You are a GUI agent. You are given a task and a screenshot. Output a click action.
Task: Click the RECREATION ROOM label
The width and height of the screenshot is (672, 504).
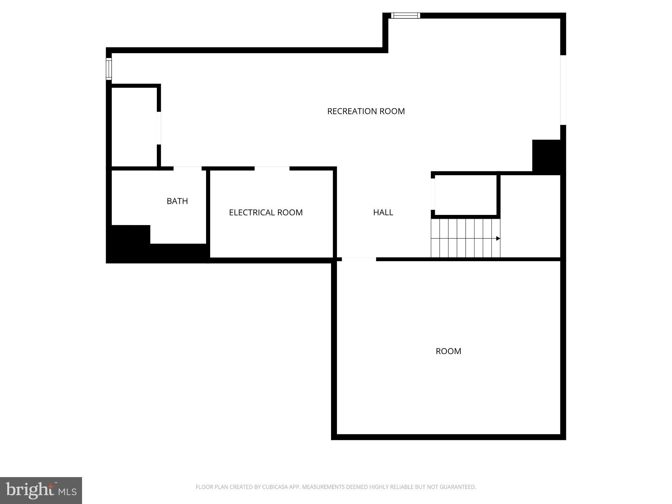[366, 111]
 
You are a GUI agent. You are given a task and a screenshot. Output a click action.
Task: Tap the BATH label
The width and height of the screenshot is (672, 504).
[177, 201]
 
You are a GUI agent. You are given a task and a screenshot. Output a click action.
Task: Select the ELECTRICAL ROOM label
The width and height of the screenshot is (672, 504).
[266, 213]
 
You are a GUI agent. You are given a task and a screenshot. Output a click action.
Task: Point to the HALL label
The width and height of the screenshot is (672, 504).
[383, 212]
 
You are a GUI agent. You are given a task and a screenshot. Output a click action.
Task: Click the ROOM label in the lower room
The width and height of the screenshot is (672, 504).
[448, 351]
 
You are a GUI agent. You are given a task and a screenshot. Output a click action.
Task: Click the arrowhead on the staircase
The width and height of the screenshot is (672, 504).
[498, 239]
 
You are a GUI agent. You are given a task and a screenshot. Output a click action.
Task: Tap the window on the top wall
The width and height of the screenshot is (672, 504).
[406, 15]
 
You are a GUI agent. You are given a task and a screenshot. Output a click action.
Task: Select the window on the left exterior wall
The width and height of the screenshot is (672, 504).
[109, 69]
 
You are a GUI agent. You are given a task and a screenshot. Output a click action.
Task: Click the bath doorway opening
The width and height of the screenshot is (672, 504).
[187, 168]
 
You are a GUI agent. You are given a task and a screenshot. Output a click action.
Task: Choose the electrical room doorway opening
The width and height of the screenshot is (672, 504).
[272, 168]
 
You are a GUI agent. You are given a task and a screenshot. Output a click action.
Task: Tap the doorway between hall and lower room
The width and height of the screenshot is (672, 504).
[359, 259]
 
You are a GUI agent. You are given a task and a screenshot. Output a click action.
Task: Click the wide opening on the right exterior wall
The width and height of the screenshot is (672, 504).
[563, 90]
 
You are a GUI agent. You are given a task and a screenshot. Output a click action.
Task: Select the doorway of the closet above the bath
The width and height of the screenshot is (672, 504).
[159, 128]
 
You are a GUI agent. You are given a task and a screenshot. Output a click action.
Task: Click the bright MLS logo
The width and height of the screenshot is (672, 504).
[41, 491]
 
